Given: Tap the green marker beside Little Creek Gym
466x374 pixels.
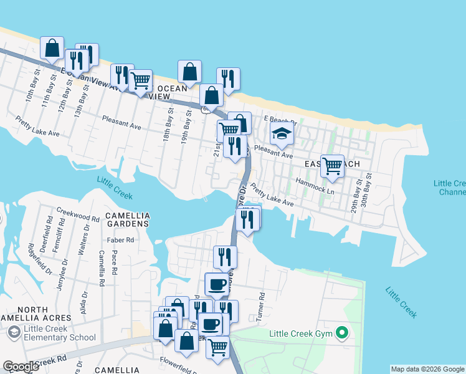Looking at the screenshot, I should [x=341, y=333].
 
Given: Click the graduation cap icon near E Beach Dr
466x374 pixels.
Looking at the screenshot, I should [x=282, y=133].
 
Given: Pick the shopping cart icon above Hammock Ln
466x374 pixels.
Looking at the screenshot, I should [x=333, y=165].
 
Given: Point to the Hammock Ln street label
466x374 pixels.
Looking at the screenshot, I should [x=315, y=186].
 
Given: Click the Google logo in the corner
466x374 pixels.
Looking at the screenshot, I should [x=21, y=367].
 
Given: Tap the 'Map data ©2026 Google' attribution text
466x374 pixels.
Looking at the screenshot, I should [x=427, y=369].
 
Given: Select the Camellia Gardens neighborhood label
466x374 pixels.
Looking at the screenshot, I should [x=127, y=219].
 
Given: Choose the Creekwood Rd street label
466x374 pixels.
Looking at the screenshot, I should [x=78, y=215].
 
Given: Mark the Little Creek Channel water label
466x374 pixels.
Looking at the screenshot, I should [x=450, y=188].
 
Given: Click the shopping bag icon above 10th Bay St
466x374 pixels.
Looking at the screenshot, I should [x=52, y=47].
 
